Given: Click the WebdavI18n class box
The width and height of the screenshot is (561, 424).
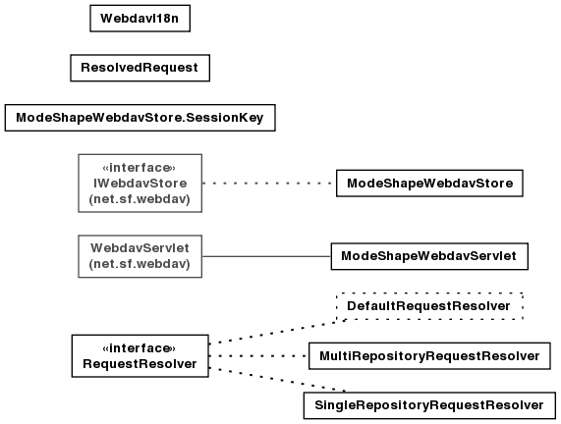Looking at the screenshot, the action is point(140,19).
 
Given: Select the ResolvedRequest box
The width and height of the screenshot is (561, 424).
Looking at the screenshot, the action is point(140,68).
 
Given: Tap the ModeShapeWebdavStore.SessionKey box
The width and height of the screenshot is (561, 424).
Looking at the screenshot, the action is point(140,118).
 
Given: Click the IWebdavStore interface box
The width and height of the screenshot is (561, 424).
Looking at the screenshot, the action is point(140,183).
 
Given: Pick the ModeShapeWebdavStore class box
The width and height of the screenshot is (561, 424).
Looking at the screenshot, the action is point(429,184).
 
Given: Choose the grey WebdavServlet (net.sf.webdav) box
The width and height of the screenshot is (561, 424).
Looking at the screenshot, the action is point(140,256).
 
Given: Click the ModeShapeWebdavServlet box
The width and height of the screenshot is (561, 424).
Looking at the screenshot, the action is point(429,256).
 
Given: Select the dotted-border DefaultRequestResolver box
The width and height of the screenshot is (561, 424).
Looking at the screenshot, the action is point(429,306).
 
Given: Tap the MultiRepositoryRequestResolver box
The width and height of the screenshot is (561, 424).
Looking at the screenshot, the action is point(429,356).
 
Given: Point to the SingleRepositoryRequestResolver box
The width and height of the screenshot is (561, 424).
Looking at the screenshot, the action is point(429,405).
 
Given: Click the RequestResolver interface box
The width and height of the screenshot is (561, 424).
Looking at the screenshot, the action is point(140,355).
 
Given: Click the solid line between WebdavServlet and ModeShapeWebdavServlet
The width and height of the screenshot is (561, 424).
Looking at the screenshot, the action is point(266,256).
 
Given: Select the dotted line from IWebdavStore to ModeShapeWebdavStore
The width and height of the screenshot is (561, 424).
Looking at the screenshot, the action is point(269,184).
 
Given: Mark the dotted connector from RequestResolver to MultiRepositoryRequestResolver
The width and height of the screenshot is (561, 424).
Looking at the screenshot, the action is point(258,356).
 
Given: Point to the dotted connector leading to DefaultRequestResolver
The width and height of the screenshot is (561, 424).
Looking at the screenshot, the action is point(277,332).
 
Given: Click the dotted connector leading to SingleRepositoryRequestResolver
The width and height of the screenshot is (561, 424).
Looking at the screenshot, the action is point(277,380).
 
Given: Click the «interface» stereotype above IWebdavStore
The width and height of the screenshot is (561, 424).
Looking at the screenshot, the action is point(140,167).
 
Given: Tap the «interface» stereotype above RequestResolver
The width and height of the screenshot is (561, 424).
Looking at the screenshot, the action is point(140,347).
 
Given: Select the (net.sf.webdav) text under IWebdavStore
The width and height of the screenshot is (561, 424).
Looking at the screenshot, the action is point(140,199).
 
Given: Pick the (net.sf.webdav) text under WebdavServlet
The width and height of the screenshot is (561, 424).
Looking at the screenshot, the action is point(140,264).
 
